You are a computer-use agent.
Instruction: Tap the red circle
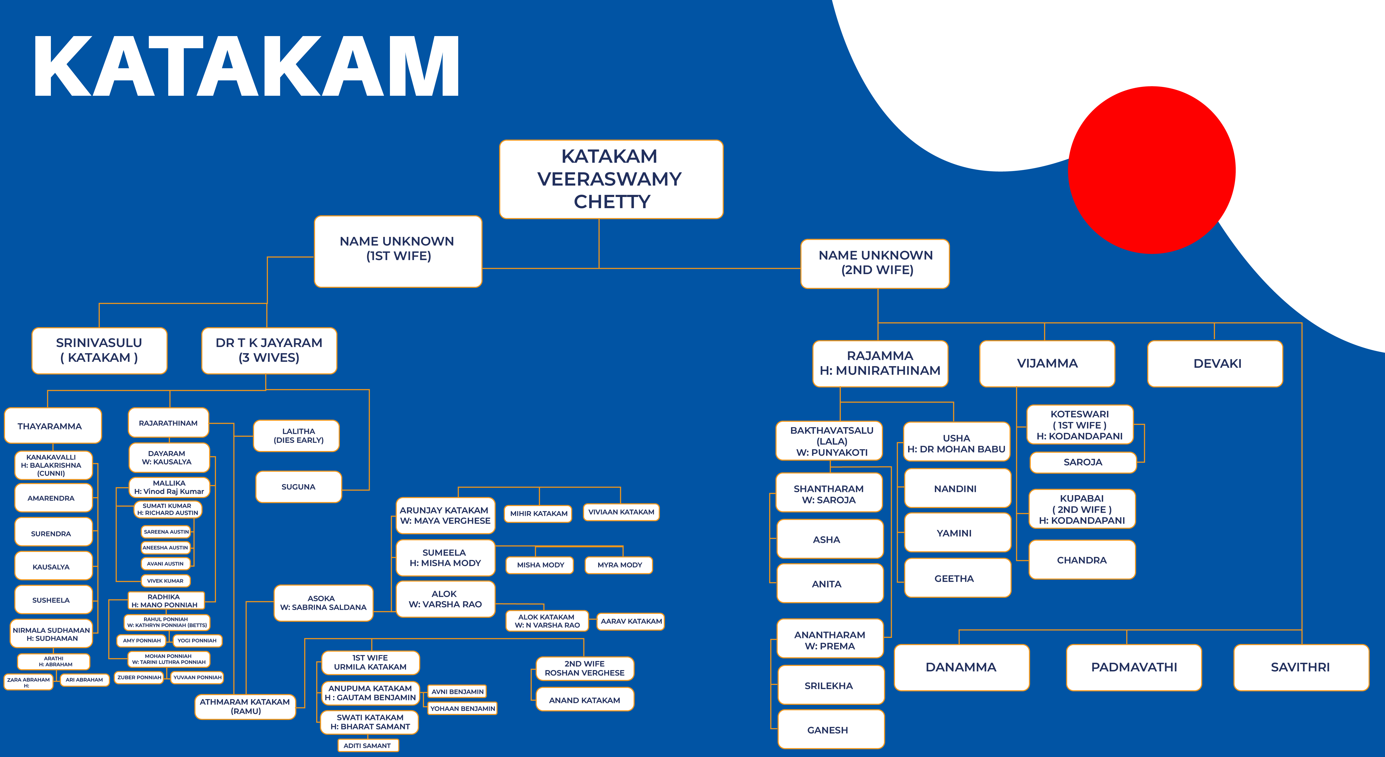1152,170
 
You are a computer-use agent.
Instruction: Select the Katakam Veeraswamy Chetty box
611,179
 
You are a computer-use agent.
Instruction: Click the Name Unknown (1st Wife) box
398,251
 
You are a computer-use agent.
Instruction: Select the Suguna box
298,487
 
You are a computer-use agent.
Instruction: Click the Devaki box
1215,363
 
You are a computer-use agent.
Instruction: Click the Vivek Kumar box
166,581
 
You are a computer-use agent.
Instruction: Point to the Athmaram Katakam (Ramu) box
245,706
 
